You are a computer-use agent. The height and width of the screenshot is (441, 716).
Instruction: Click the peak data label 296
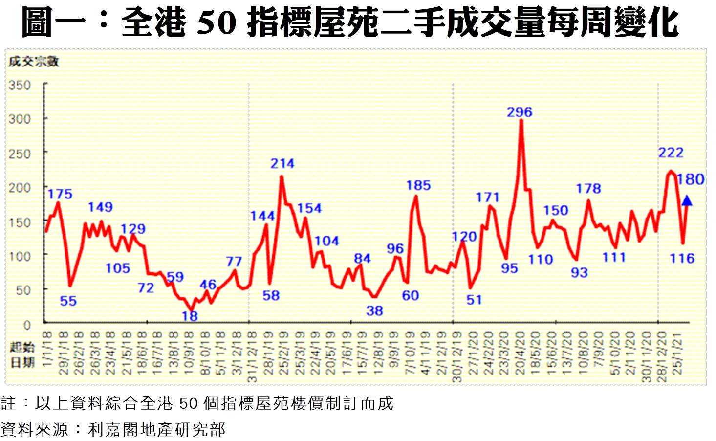coord(519,112)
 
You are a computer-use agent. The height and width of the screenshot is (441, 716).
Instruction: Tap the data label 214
coord(282,163)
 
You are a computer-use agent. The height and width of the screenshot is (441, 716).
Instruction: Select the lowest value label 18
coord(190,316)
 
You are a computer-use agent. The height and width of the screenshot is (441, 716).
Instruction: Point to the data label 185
coord(418,185)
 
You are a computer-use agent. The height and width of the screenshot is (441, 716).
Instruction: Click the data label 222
coord(671,153)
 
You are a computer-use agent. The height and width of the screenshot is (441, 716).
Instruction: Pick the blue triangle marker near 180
coord(687,200)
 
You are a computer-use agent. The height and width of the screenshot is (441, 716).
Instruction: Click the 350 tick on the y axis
coord(20,85)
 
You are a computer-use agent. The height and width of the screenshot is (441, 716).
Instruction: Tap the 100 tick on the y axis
coord(20,256)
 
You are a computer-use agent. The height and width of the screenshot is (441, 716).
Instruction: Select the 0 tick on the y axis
coord(26,325)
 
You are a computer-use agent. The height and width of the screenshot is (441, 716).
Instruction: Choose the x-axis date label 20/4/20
coord(520,353)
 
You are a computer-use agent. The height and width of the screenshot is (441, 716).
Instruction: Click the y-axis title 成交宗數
coord(33,62)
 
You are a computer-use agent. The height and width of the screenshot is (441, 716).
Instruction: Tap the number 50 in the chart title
coord(217,23)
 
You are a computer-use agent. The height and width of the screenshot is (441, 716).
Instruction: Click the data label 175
coord(60,194)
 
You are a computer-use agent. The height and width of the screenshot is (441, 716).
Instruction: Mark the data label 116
coord(682,258)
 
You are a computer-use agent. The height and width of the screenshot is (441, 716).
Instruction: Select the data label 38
coord(374,311)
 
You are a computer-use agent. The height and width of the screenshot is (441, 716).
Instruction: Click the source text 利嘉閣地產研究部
coord(156,429)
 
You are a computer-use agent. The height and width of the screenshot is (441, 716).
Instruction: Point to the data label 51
coord(474,300)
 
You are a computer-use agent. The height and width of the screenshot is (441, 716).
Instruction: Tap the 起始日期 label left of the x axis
coord(22,355)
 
